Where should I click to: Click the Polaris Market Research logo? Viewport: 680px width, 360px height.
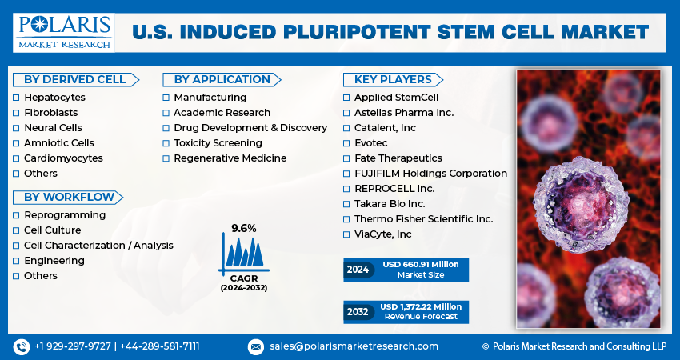point(63,30)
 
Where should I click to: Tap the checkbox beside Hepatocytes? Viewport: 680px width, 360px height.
point(16,98)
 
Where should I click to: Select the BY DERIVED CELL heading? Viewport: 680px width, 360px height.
point(74,79)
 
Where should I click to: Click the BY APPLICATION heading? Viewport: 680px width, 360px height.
point(222,79)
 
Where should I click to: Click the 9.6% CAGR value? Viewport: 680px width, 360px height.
point(244,228)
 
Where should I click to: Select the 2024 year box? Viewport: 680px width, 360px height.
point(358,270)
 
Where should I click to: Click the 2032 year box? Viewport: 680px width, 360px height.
point(358,311)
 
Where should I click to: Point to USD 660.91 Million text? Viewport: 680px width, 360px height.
point(420,265)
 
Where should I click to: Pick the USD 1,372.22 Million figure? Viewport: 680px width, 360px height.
point(421,306)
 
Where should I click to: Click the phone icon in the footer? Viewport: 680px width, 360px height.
point(21,346)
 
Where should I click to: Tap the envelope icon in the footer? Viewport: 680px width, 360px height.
point(255,346)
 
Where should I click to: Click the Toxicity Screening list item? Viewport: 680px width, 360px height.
point(218,143)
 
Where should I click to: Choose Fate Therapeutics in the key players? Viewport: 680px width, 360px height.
point(398,158)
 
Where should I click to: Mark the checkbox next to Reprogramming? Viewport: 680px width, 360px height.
point(16,215)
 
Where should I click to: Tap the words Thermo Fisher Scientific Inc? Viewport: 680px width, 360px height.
point(423,219)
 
